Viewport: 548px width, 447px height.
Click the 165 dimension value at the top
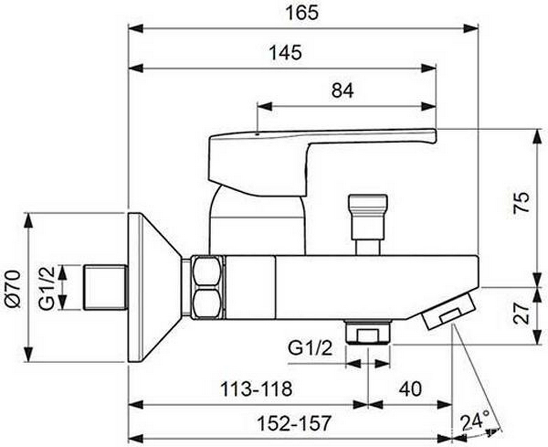(x=304, y=12)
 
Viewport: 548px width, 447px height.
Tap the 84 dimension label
(x=342, y=90)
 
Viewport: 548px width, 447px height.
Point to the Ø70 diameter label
(x=13, y=287)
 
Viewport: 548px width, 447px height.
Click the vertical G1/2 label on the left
(x=47, y=287)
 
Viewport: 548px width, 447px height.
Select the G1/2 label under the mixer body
(x=310, y=349)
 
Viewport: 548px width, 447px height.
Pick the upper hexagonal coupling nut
(x=206, y=271)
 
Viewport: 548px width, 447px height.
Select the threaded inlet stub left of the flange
(x=106, y=287)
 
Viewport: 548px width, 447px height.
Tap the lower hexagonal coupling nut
(x=206, y=304)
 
